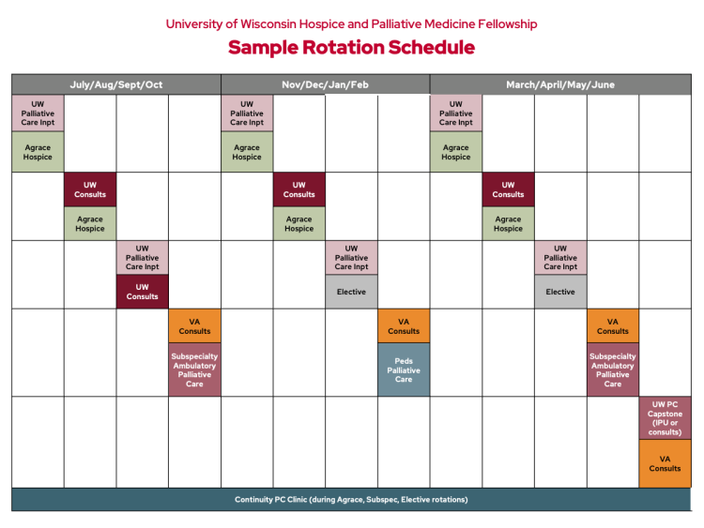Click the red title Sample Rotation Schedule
pos(351,48)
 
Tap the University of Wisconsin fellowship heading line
pos(351,23)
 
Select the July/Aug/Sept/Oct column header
pos(116,84)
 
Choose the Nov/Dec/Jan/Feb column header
pos(326,84)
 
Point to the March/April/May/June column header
pos(560,84)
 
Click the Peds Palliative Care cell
pos(404,370)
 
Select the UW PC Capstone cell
pos(665,417)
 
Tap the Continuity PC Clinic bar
pos(351,500)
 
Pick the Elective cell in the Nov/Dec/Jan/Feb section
pos(351,292)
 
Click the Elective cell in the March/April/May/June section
pos(560,292)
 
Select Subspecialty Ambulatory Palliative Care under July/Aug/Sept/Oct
pos(194,370)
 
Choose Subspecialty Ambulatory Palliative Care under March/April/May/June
pos(613,370)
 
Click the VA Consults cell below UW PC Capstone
pos(665,463)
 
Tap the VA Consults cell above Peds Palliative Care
pos(404,325)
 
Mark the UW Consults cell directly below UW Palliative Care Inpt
pos(143,292)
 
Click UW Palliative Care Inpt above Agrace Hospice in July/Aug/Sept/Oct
pos(38,113)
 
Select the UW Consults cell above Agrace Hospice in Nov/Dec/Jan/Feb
pos(299,189)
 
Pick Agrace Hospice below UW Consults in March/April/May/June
pos(508,223)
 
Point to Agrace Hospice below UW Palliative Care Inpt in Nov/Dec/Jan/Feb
pos(247,152)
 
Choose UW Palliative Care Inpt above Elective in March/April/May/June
pos(560,258)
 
